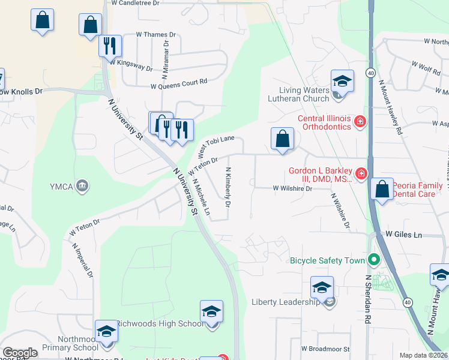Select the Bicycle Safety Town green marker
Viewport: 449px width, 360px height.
point(374,260)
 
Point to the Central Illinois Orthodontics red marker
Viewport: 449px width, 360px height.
point(360,122)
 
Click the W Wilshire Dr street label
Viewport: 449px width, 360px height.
point(293,188)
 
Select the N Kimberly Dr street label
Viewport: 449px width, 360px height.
point(228,187)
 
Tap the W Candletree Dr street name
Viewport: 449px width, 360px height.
point(136,3)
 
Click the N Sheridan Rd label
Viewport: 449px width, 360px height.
point(367,301)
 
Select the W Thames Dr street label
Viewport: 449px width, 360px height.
point(156,35)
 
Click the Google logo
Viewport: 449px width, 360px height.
point(20,353)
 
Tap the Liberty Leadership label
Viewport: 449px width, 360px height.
point(286,302)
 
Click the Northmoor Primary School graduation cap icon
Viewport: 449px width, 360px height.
point(106,331)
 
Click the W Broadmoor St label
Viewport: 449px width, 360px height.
point(325,349)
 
